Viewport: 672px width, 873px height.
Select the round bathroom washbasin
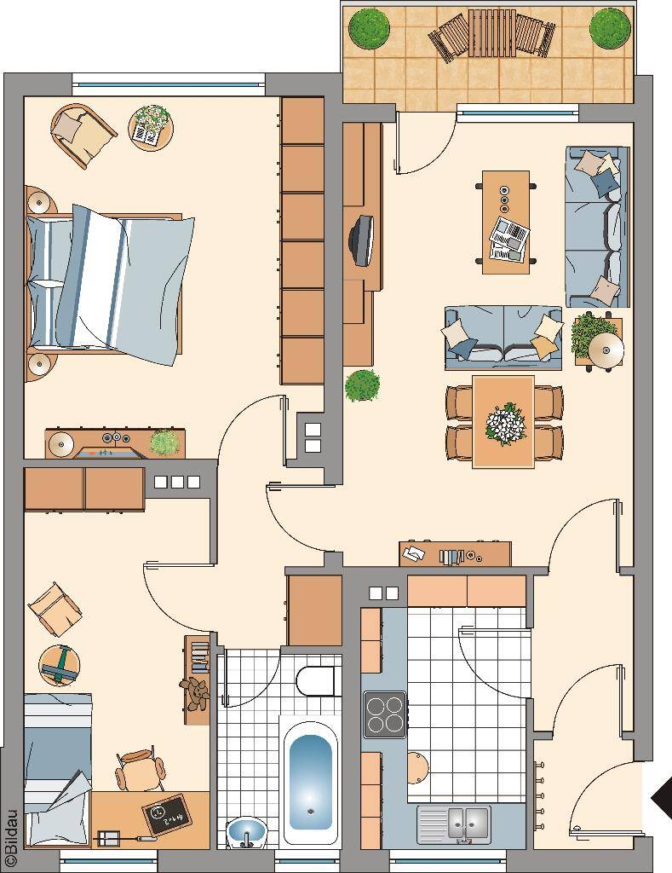(x=246, y=832)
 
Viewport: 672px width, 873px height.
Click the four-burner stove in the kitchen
(x=384, y=714)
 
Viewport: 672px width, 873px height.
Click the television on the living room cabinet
(x=362, y=240)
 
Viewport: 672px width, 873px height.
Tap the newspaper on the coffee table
(x=509, y=240)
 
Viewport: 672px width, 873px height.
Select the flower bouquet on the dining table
(x=505, y=425)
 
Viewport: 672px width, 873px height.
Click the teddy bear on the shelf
(x=195, y=694)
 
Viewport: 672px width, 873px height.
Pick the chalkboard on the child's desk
(x=166, y=814)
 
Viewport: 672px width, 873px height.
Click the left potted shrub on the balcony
(x=369, y=28)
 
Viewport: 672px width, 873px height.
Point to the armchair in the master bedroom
(x=83, y=136)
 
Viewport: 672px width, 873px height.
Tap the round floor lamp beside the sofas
(x=606, y=349)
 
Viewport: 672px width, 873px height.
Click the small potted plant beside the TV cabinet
(x=362, y=385)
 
